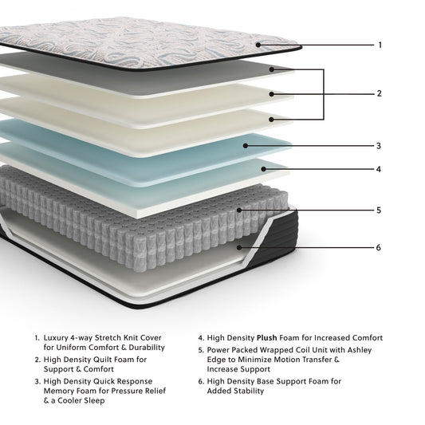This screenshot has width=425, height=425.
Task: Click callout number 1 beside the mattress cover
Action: coord(380,45)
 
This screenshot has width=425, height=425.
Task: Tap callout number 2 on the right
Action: coord(380,93)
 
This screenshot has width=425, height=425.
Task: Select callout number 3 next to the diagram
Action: coord(380,146)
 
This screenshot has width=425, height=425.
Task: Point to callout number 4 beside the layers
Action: coord(380,169)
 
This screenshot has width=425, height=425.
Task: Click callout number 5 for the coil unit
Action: coord(380,211)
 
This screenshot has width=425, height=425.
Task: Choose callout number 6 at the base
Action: coord(380,247)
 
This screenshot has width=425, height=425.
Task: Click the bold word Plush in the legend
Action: coord(267,338)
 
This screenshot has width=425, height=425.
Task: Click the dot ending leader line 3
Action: coord(247,146)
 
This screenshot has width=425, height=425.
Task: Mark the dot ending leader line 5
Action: coord(239,211)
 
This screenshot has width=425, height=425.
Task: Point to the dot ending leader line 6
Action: coord(240,247)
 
